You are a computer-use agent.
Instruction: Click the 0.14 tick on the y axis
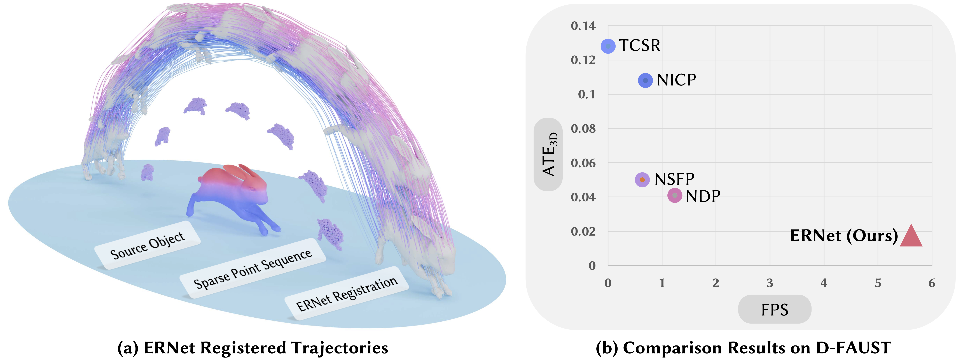583,26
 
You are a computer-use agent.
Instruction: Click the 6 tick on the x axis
932,283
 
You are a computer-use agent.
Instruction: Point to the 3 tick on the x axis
770,283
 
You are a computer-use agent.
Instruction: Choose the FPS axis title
775,310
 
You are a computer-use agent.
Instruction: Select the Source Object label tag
147,246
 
